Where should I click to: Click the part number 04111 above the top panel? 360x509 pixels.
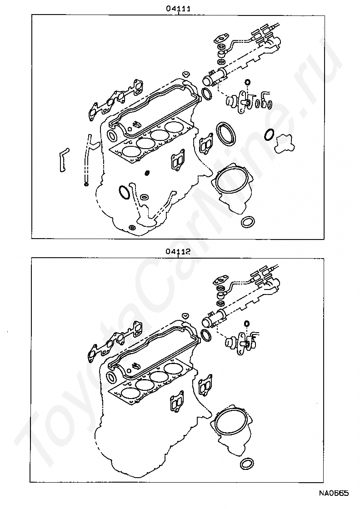point(178,8)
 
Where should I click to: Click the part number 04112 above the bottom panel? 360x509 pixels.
point(178,251)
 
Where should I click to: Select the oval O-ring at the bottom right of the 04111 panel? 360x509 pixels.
point(247,222)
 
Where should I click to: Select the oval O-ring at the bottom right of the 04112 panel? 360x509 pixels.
point(247,464)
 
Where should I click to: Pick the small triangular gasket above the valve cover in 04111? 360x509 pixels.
point(185,74)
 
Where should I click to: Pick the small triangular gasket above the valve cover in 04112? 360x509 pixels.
point(185,315)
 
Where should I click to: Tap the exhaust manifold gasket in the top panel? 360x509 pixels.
point(114,101)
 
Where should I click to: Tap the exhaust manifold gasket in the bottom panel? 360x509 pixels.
point(114,343)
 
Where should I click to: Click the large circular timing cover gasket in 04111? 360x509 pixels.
point(232,183)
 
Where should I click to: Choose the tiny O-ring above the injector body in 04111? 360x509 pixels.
point(247,82)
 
